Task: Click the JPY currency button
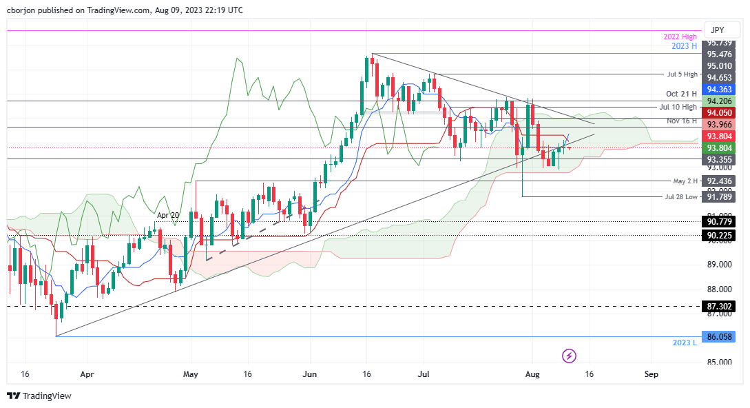point(717,30)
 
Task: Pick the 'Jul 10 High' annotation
point(678,107)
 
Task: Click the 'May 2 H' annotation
point(685,181)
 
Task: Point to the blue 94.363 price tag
point(722,89)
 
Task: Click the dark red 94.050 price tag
point(722,112)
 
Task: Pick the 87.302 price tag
point(722,306)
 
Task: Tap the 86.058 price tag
point(722,337)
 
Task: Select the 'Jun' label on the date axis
point(310,374)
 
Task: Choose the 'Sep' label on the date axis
point(651,374)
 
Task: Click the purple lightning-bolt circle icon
point(569,356)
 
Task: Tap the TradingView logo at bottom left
point(39,396)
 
